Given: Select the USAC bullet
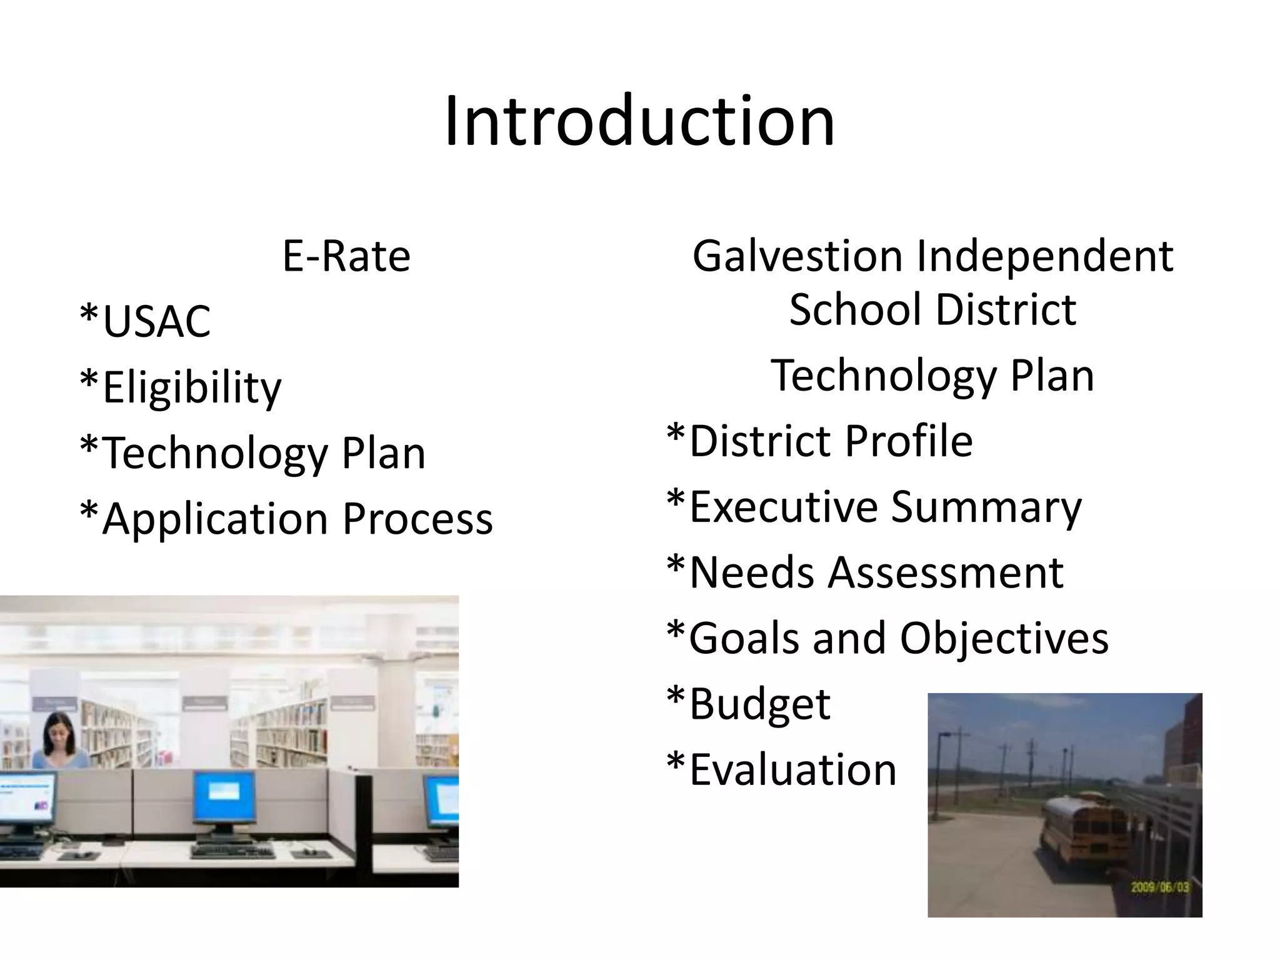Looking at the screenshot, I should point(146,321).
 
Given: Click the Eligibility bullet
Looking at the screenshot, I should point(181,387).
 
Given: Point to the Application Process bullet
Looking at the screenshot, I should point(287,519).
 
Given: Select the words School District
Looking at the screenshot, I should point(932,310).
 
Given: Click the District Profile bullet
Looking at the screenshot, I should point(819,441).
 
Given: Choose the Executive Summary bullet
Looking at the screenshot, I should point(874,507).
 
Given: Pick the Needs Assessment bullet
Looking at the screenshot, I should point(865,572).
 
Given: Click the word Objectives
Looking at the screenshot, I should point(1004,638).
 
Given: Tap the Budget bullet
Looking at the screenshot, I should point(749,704).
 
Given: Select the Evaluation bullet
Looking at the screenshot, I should point(782,769).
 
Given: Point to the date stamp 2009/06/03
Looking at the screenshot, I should point(1160,887).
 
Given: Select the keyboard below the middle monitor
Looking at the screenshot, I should point(231,851).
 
